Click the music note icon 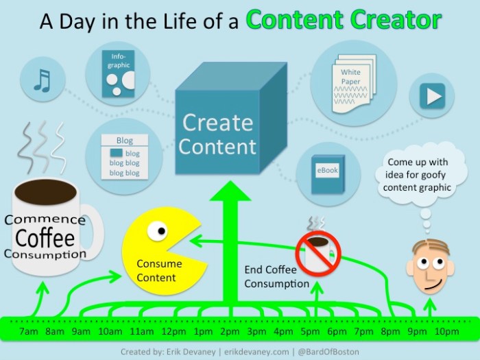(43, 81)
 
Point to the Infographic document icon (117, 73)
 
